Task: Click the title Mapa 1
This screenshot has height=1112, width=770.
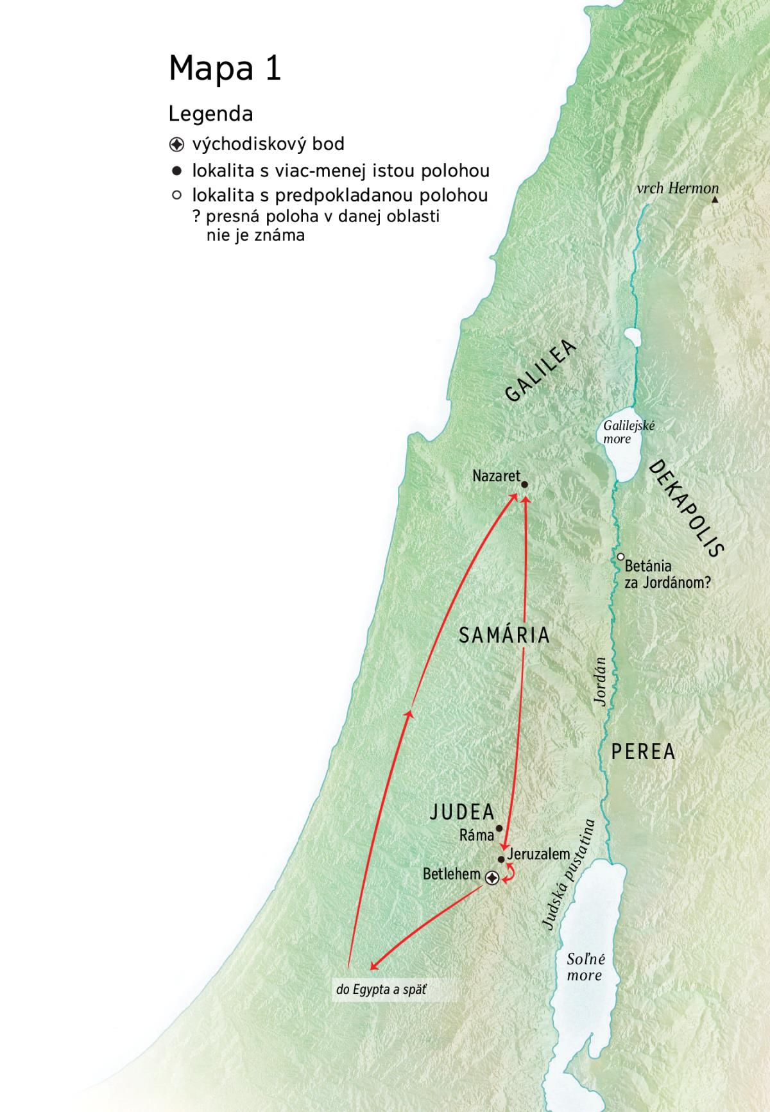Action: [x=225, y=68]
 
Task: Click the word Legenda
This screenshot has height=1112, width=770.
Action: [x=210, y=114]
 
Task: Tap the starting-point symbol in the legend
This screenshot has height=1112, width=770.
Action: [x=176, y=144]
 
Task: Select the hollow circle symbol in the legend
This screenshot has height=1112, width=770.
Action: [x=176, y=195]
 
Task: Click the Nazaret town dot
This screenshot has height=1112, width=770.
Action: [x=524, y=485]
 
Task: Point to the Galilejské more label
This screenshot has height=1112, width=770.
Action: [x=619, y=432]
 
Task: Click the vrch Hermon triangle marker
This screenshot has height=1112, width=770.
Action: [x=715, y=201]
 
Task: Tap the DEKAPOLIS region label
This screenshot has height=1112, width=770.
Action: [x=687, y=508]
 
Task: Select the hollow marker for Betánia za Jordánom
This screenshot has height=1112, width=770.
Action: [x=620, y=557]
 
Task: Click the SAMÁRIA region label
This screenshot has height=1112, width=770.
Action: [x=504, y=635]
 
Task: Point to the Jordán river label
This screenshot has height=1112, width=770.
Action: [x=601, y=681]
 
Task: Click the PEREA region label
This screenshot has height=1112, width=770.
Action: [x=643, y=751]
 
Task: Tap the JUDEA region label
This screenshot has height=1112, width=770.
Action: [x=462, y=812]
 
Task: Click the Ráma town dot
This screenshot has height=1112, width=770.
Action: [x=499, y=828]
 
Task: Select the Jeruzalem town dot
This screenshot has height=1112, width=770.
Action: [x=501, y=859]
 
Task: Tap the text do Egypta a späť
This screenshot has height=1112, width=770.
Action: [x=381, y=989]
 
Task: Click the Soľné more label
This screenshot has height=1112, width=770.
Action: [x=585, y=968]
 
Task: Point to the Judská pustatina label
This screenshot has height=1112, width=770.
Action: [x=569, y=874]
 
